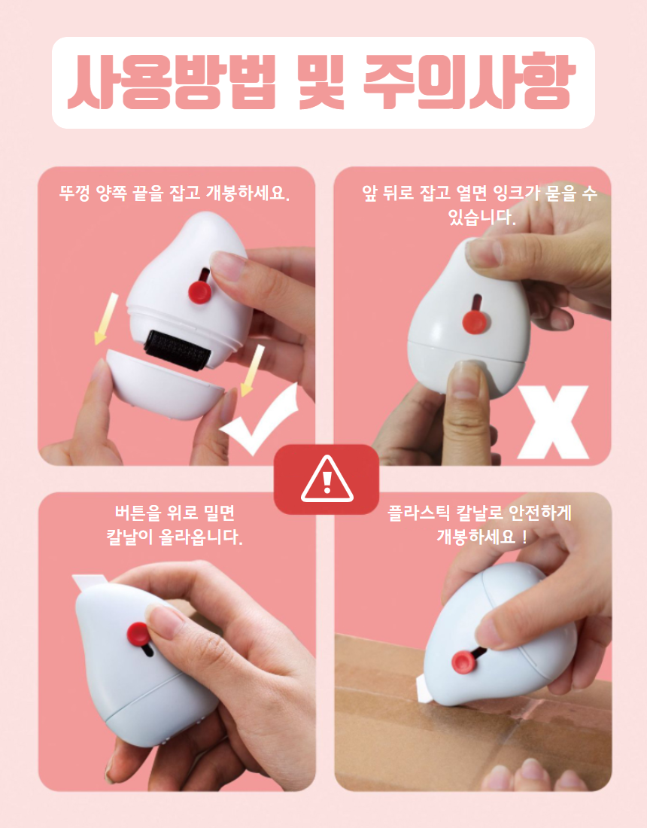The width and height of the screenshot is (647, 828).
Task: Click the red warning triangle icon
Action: pos(327,479)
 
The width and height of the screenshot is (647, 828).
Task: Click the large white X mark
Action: pos(552,422)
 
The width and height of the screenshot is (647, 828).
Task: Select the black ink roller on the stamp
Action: pos(178,350)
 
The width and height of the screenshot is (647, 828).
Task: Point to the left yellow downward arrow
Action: pos(105,319)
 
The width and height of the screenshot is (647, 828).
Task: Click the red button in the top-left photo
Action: pos(199,291)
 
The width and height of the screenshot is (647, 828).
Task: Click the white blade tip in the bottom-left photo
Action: pos(90,582)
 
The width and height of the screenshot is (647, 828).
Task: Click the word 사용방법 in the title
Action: pos(172,82)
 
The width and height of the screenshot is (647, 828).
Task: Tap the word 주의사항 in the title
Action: pos(469,82)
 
